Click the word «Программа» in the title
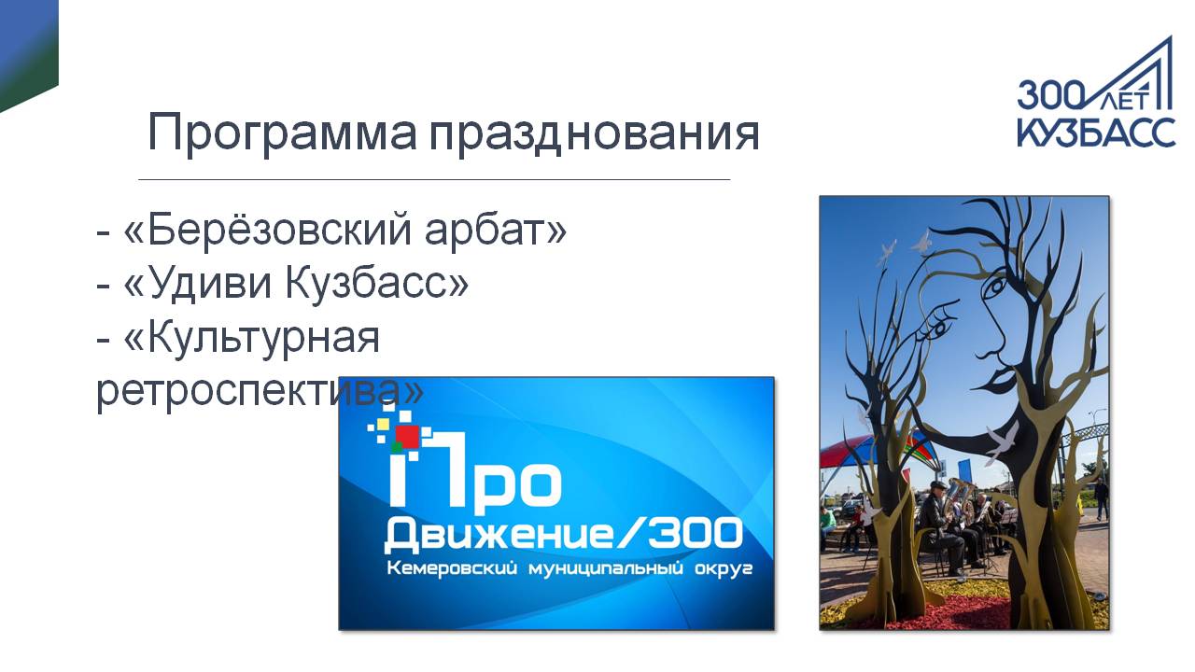pyautogui.click(x=282, y=133)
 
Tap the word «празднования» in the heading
pyautogui.click(x=595, y=133)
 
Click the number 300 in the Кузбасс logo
pyautogui.click(x=1050, y=96)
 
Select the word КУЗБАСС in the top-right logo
pyautogui.click(x=1096, y=132)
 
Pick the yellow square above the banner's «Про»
pyautogui.click(x=383, y=425)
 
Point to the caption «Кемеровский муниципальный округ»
pyautogui.click(x=569, y=568)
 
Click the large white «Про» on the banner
pyautogui.click(x=475, y=469)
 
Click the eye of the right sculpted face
pyautogui.click(x=995, y=288)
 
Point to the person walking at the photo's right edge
pyautogui.click(x=1101, y=497)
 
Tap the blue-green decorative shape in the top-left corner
pyautogui.click(x=27, y=50)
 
